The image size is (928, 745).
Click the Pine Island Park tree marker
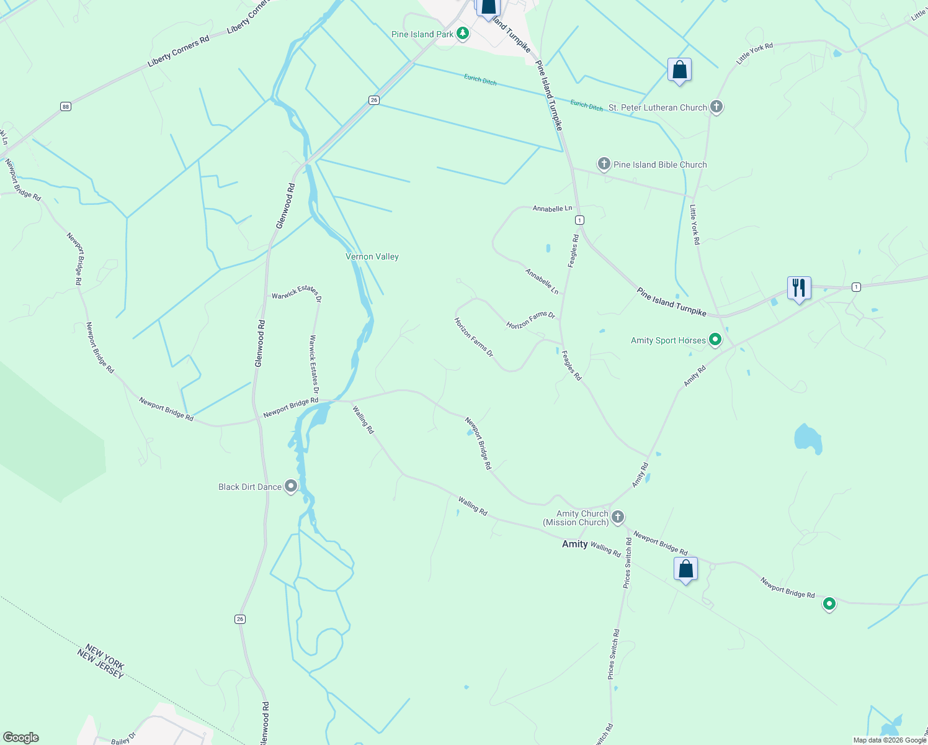coord(462,34)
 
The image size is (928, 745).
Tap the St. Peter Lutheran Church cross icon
coord(716,107)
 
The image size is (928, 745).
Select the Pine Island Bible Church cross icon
coord(604,164)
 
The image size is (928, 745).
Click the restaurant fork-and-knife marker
coord(799,288)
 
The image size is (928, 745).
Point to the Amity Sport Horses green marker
coord(715,340)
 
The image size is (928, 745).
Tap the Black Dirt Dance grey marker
coord(291,486)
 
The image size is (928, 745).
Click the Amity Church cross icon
coord(617,517)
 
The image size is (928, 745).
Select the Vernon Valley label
coord(372,256)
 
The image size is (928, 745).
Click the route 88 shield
coord(66,107)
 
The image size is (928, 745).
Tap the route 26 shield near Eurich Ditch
coord(373,100)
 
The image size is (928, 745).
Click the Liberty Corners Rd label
coord(178,52)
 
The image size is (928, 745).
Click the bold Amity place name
coord(574,544)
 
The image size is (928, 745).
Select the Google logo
coord(20,738)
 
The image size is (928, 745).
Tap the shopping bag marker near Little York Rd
coord(679,70)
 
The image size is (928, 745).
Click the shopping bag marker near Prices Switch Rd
coord(685,569)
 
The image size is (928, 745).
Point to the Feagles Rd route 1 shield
coord(579,220)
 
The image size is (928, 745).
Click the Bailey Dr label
coord(121,741)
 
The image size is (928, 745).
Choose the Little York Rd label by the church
coord(695,224)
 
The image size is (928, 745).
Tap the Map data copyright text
coord(890,740)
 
